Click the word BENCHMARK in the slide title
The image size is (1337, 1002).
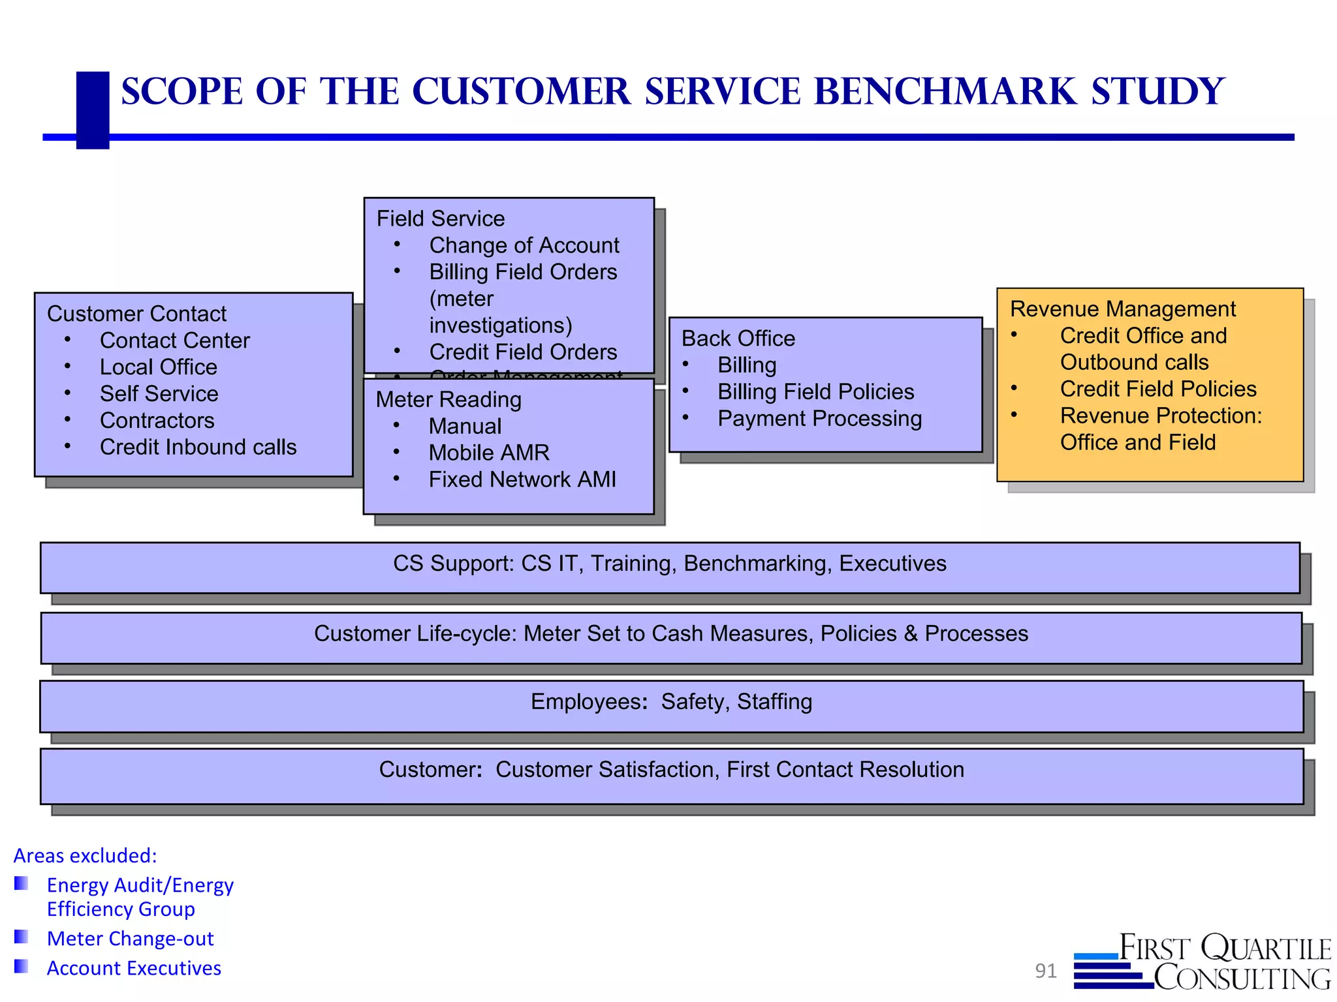pos(945,92)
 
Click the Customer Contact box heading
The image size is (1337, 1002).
pos(136,314)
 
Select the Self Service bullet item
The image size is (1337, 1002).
pos(159,394)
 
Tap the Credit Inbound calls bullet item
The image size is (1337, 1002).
pos(198,448)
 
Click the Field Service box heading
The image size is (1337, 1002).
pos(441,219)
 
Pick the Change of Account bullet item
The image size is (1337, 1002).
pos(524,245)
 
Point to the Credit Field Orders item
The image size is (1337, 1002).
pos(522,352)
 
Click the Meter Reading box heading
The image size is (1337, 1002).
pos(448,400)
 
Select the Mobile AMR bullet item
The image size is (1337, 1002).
pos(488,453)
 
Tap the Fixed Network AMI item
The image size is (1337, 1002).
pos(522,480)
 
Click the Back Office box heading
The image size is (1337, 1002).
pos(738,339)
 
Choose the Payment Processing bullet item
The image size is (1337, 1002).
pos(819,419)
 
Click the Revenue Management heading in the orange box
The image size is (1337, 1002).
pos(1122,309)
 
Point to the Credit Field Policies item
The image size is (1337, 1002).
pos(1157,389)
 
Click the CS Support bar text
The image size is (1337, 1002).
pos(669,564)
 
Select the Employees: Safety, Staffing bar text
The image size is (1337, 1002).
pos(671,702)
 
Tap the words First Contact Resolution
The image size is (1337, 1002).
pos(845,770)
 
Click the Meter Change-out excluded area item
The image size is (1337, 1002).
pos(130,939)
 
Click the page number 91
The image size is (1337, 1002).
pos(1045,971)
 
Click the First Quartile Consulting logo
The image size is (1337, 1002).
pos(1203,962)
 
